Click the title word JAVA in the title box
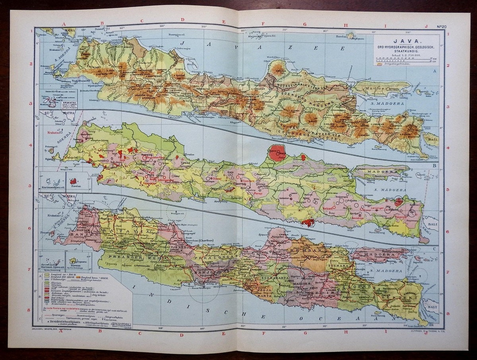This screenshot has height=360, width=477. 400,41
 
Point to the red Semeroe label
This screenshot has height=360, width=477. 358,219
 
